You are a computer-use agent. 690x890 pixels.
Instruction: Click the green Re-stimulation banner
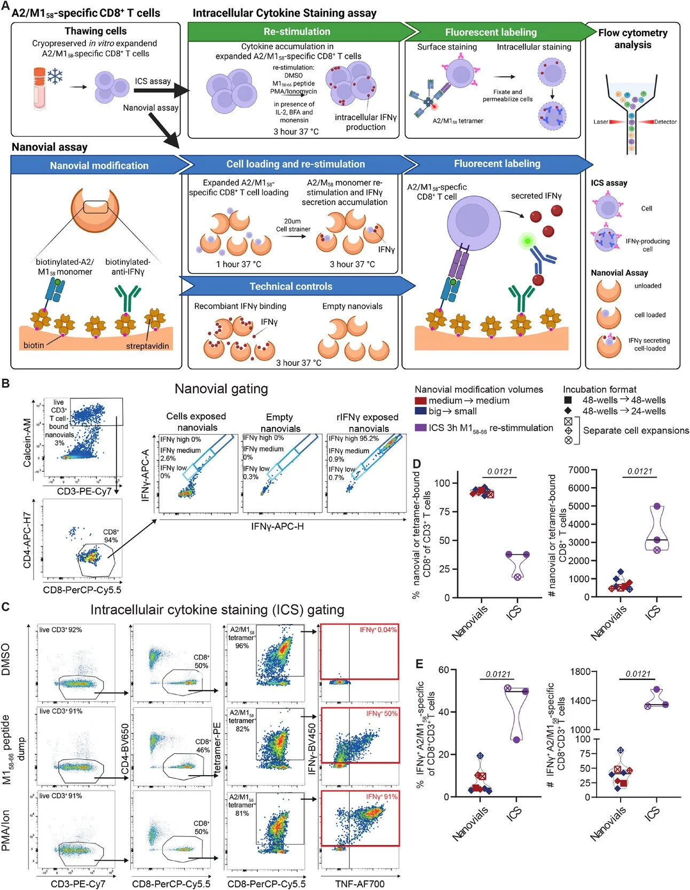(296, 32)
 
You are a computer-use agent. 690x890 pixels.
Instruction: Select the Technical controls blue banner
(291, 287)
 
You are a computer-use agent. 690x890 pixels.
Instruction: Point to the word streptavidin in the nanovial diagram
(147, 346)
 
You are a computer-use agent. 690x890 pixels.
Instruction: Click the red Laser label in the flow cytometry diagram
(601, 122)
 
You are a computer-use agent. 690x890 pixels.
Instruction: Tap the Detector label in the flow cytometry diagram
(665, 122)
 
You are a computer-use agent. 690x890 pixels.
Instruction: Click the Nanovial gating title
(221, 389)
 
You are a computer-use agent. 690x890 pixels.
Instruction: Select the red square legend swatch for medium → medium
(420, 401)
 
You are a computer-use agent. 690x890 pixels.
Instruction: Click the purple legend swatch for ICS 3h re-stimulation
(420, 428)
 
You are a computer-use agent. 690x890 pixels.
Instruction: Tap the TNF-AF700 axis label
(359, 884)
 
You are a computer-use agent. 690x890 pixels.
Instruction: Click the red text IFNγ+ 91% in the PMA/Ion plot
(381, 797)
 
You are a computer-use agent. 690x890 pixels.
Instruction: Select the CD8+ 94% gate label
(111, 536)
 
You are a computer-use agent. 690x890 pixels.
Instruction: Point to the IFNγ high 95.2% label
(354, 439)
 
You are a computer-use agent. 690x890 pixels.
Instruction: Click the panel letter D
(418, 464)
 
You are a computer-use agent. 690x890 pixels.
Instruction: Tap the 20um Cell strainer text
(293, 225)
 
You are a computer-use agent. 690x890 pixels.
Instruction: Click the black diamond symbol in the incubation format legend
(568, 411)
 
